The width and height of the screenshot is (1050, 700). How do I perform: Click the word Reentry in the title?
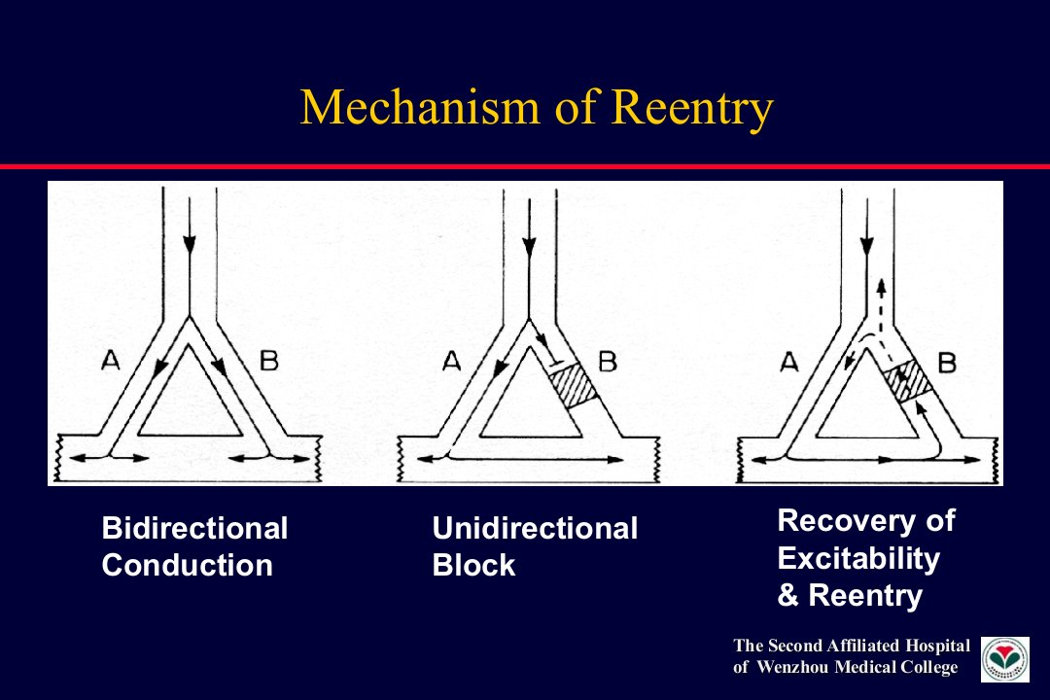[692, 108]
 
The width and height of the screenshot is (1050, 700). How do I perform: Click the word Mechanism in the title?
[419, 107]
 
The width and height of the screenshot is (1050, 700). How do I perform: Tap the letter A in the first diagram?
[111, 361]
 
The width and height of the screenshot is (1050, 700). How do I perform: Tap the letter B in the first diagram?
[268, 361]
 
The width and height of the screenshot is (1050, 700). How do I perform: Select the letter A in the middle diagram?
[452, 362]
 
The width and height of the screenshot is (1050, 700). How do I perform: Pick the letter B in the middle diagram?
[608, 362]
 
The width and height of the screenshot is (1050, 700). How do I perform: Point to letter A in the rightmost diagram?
[790, 363]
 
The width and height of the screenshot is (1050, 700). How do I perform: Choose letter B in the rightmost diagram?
[947, 363]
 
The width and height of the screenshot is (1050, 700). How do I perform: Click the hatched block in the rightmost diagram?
[907, 380]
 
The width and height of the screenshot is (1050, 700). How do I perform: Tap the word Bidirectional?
[194, 528]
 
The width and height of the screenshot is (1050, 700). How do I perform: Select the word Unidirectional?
[535, 528]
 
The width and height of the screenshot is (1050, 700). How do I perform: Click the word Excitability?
[858, 559]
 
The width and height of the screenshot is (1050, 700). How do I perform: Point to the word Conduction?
[188, 565]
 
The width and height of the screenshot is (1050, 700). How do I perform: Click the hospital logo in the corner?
[1005, 659]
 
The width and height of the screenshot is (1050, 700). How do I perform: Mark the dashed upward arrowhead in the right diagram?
[881, 286]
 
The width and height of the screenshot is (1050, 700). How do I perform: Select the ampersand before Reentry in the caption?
[788, 595]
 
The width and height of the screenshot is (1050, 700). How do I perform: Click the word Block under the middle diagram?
[474, 565]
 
